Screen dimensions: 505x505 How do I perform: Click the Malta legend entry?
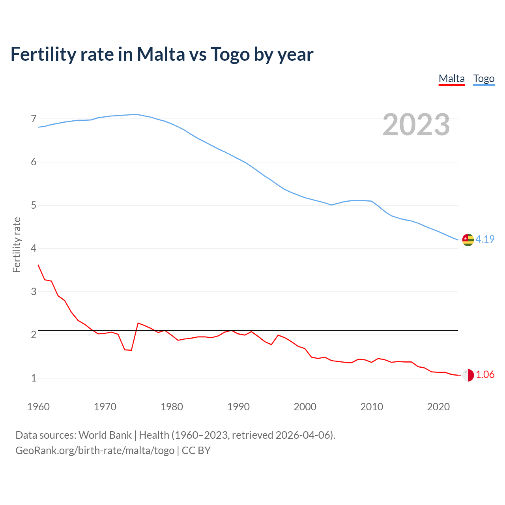click(x=451, y=79)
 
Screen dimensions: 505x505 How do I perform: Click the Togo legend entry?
click(x=484, y=79)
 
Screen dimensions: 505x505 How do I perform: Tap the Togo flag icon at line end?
click(x=468, y=239)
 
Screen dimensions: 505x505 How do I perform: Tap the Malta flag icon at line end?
click(x=468, y=375)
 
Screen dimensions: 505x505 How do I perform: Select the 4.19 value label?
click(x=485, y=239)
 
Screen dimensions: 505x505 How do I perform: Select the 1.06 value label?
click(x=485, y=375)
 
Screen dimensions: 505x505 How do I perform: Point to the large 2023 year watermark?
click(x=416, y=125)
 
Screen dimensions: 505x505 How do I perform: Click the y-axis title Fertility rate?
click(x=17, y=245)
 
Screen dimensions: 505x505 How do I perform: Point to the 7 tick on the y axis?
click(x=34, y=119)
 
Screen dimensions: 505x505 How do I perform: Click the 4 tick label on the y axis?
click(x=34, y=249)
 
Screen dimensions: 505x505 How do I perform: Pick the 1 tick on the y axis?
click(x=34, y=378)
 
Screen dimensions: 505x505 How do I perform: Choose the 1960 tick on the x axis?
click(x=38, y=407)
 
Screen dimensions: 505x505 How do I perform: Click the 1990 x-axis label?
click(x=238, y=407)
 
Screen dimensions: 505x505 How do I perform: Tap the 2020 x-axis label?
click(x=438, y=407)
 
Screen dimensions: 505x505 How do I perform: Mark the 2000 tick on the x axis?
click(x=305, y=407)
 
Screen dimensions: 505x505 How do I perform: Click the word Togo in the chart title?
click(x=230, y=54)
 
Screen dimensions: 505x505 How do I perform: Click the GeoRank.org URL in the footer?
click(x=95, y=451)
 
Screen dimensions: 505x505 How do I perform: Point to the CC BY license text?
click(x=196, y=451)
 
